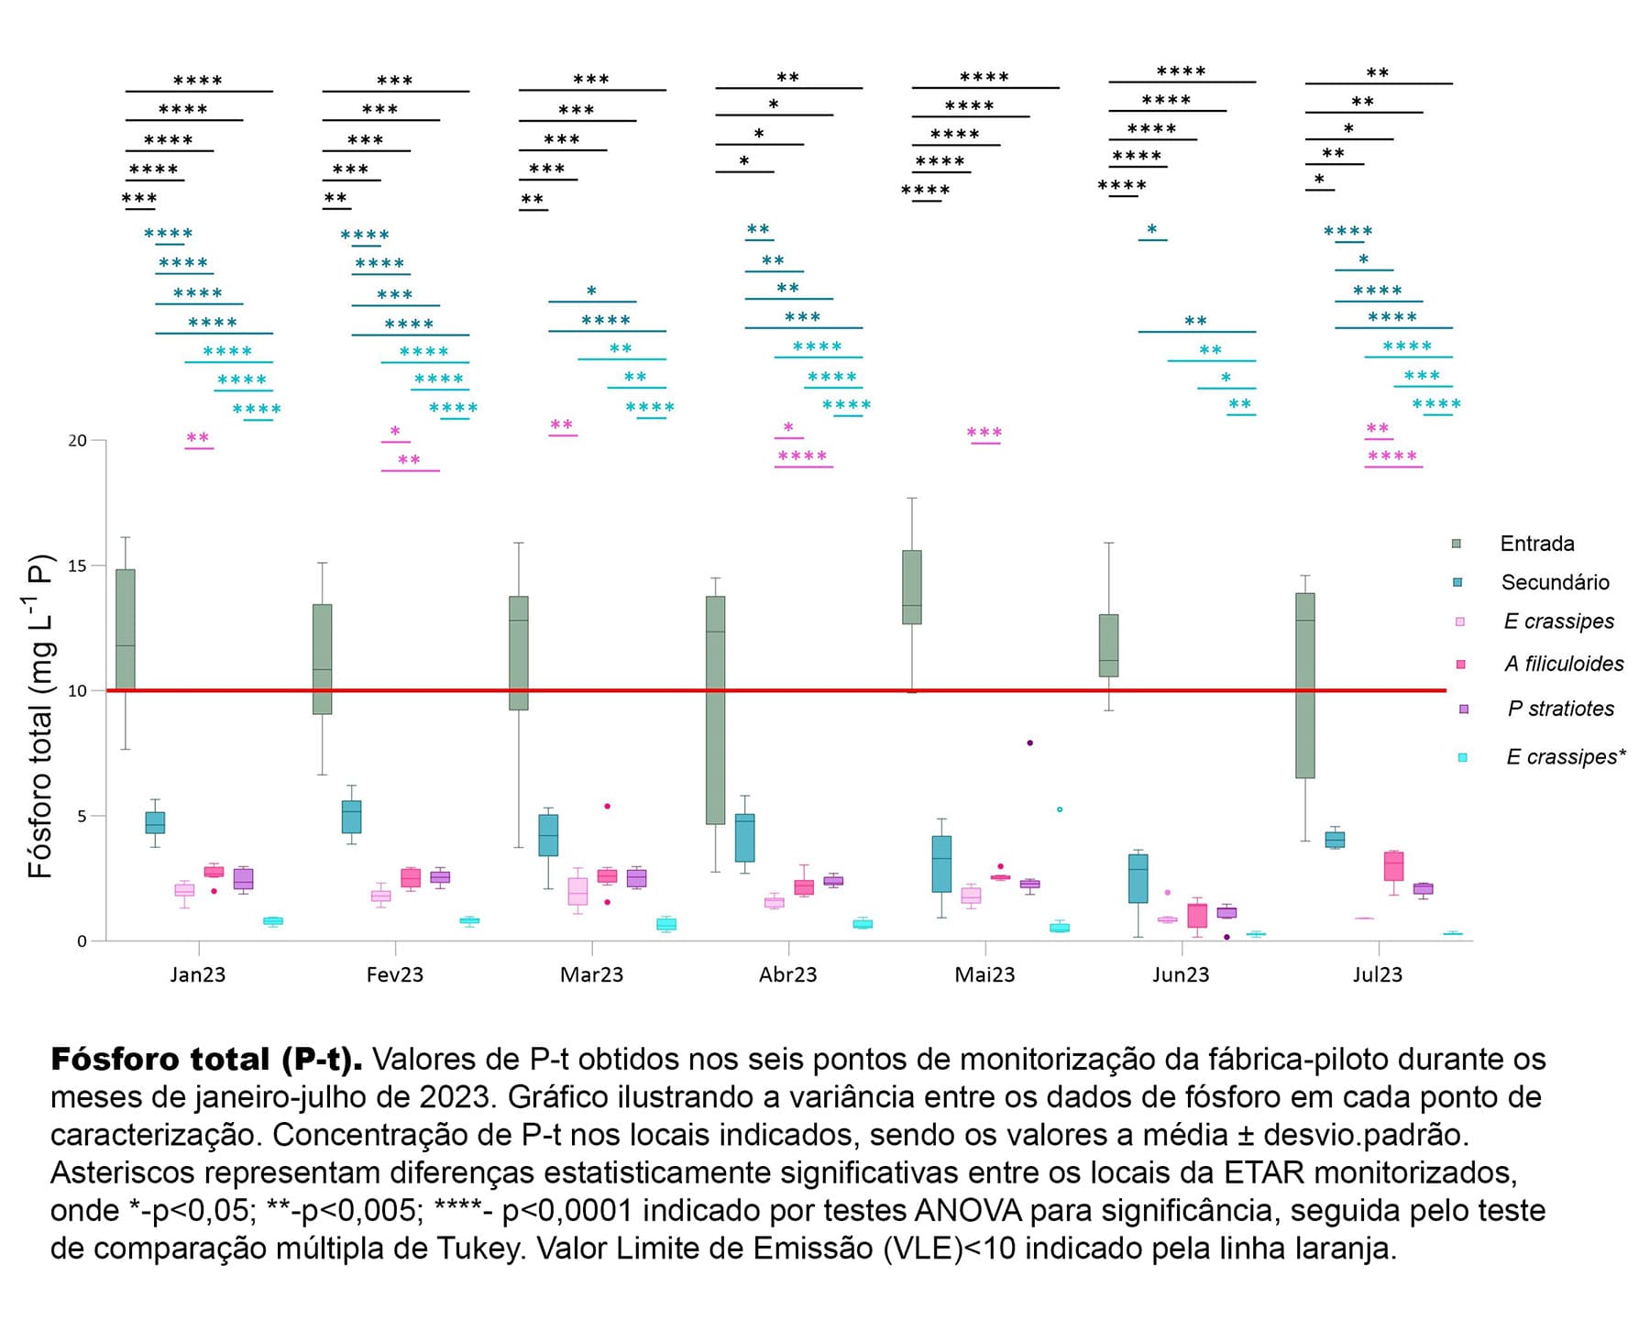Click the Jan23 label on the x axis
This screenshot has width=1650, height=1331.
click(x=197, y=974)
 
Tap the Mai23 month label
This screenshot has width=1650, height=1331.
click(x=984, y=974)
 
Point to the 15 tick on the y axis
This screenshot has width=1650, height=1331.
click(x=77, y=566)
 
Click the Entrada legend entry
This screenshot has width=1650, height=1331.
click(x=1536, y=544)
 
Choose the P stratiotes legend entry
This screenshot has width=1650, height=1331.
click(x=1560, y=709)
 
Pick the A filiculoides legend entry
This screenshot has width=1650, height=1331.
click(x=1563, y=664)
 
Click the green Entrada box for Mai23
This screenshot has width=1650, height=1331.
click(x=912, y=587)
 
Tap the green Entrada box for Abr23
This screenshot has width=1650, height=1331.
click(x=716, y=710)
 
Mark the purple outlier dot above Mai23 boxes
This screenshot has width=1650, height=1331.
click(x=1029, y=742)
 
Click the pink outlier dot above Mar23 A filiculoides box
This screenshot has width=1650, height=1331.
click(x=607, y=807)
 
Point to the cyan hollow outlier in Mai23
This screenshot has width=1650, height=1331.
click(x=1060, y=809)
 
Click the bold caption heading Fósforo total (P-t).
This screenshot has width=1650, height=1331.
click(x=206, y=1060)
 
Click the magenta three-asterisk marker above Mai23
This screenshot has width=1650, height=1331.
click(x=984, y=433)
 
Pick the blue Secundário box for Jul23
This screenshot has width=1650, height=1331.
click(x=1335, y=839)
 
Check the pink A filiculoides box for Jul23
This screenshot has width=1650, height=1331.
click(x=1393, y=865)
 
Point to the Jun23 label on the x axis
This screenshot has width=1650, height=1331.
click(x=1181, y=974)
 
